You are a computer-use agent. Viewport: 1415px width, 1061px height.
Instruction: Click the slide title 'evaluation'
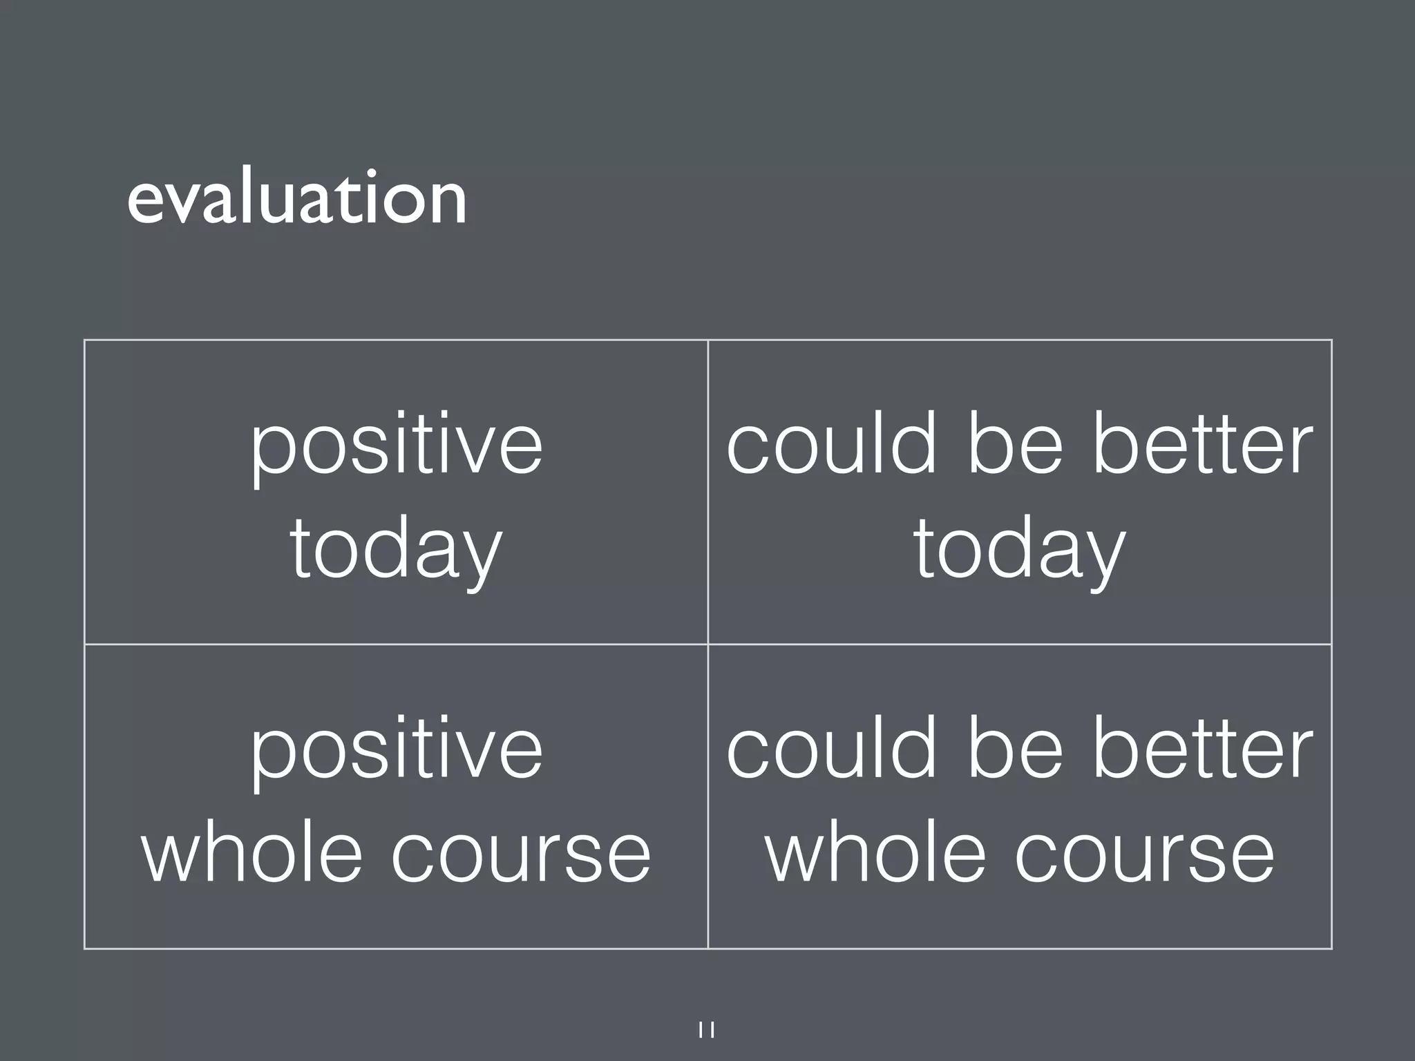tap(297, 200)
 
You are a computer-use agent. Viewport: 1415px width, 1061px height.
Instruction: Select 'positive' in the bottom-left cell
tap(397, 751)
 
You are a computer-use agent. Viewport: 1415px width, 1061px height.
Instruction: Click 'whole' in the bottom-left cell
tap(252, 853)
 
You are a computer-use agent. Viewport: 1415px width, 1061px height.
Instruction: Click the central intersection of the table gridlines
tap(708, 644)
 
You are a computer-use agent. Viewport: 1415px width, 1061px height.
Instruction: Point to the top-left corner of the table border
tap(85, 340)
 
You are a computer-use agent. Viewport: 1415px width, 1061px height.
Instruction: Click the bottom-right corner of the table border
tap(1331, 948)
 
